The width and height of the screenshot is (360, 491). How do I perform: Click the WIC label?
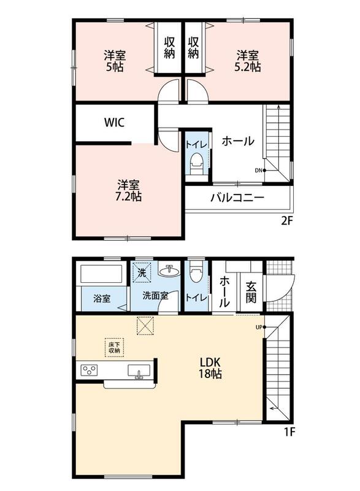(114, 122)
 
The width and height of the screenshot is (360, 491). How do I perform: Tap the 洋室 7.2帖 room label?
(129, 190)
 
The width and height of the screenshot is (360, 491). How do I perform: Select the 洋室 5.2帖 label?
(247, 61)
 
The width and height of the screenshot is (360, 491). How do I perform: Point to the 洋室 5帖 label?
(115, 61)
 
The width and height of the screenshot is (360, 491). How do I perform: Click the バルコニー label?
(237, 198)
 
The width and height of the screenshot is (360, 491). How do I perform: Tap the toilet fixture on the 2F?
(197, 163)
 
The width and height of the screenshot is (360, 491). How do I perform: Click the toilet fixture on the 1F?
(196, 274)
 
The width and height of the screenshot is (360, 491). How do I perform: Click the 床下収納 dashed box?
(115, 347)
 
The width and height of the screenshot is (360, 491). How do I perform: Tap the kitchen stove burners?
(90, 370)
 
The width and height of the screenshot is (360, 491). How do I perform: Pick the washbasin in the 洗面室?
(169, 271)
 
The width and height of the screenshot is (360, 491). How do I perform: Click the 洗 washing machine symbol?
(142, 273)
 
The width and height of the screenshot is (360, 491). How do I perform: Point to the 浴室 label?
(102, 298)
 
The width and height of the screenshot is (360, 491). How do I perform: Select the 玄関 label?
(251, 293)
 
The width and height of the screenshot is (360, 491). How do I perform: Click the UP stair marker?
(261, 327)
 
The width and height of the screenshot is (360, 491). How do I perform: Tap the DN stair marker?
(261, 171)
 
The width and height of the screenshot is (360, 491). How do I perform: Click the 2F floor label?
(286, 222)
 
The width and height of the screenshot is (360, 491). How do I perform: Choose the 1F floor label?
(289, 432)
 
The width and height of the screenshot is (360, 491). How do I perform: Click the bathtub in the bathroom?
(101, 274)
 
